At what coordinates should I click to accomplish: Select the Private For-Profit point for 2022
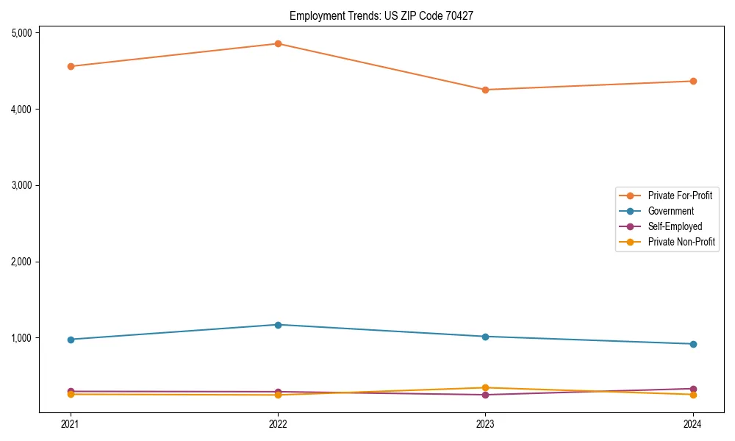click(x=278, y=43)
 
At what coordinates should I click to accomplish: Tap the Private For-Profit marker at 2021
click(x=71, y=66)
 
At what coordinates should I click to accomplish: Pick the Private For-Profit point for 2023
click(x=485, y=90)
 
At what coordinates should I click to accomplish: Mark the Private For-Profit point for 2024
click(x=693, y=81)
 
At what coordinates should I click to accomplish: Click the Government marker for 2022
click(x=278, y=325)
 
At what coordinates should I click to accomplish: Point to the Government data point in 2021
click(x=71, y=340)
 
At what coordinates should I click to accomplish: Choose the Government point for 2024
click(x=693, y=344)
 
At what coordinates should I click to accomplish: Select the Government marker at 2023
click(x=485, y=337)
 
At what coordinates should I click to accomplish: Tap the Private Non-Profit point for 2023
click(x=485, y=387)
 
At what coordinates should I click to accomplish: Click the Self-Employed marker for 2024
click(x=693, y=389)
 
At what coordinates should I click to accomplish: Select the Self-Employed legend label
click(x=675, y=226)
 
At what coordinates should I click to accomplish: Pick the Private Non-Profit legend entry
click(x=681, y=242)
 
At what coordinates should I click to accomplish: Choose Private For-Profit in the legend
click(x=680, y=196)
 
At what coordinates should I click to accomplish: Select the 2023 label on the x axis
click(x=485, y=423)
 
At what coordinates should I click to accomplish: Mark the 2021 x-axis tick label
click(x=71, y=423)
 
